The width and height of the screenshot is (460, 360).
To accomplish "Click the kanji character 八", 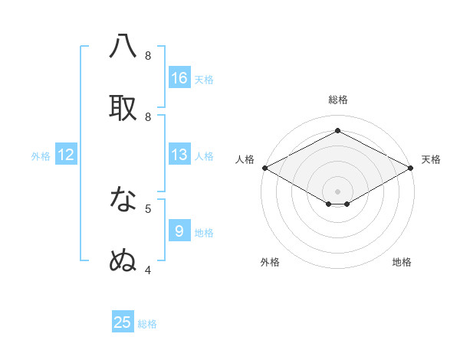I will [x=123, y=47].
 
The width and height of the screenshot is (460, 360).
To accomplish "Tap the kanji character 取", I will [x=123, y=109].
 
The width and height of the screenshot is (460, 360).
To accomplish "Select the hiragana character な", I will [x=123, y=200].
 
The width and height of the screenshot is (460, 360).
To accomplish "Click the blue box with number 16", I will [x=179, y=78].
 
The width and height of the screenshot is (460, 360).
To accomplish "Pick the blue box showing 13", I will [x=179, y=155].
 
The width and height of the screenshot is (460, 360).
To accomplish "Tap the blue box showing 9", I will [x=179, y=231].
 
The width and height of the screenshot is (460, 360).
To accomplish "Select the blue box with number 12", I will [x=66, y=155].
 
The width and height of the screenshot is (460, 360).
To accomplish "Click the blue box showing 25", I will [x=123, y=322].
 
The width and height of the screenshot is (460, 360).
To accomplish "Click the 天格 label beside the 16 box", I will [x=204, y=80].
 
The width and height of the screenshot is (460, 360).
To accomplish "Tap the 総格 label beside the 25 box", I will [x=147, y=324].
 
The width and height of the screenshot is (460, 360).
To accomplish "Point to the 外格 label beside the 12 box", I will [x=41, y=156].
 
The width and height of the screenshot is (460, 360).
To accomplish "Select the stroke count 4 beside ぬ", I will [x=148, y=270].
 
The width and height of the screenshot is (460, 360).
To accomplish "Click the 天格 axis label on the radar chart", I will [x=431, y=159].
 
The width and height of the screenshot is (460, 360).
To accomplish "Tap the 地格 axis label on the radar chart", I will [x=402, y=262].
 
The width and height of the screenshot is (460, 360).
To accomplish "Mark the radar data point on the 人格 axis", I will [x=264, y=168].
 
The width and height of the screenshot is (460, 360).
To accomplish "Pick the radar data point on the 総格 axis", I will [x=337, y=131].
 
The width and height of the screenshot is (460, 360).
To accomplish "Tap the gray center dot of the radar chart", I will [x=337, y=191].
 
